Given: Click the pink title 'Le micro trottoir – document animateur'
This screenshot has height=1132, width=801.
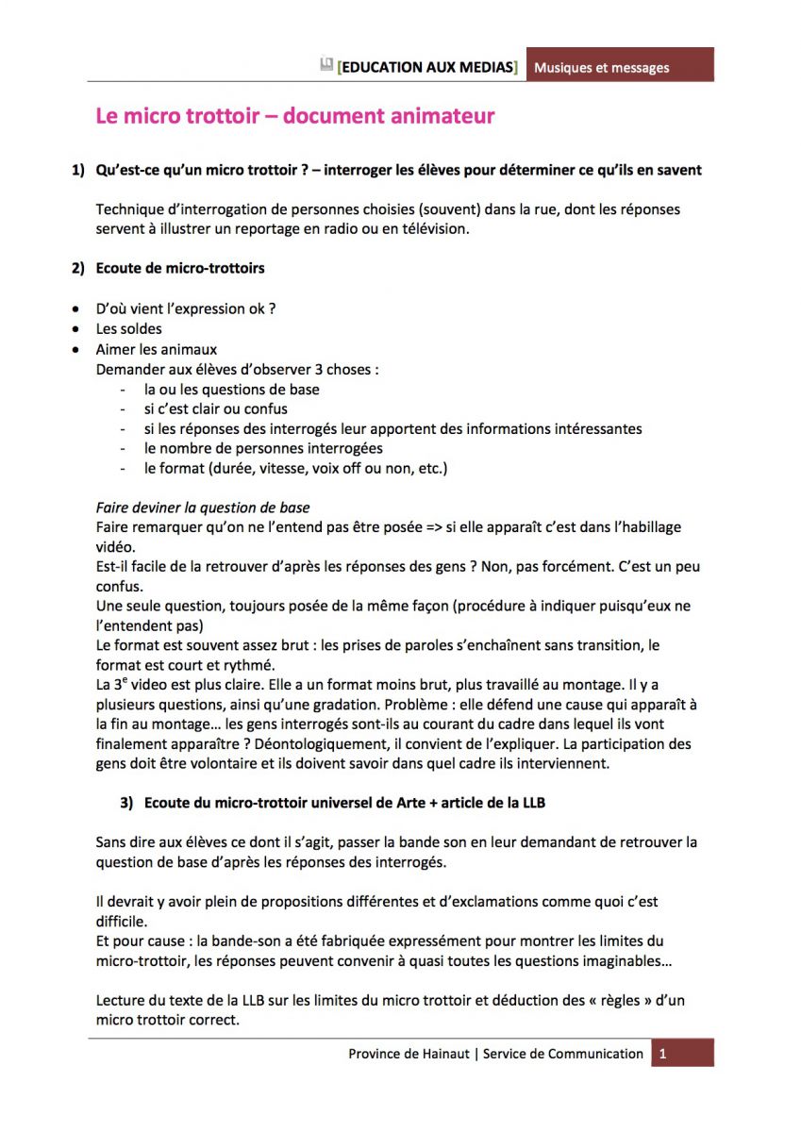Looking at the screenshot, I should point(294,117).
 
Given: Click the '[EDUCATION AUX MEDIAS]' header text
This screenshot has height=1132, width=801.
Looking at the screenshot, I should point(426,68).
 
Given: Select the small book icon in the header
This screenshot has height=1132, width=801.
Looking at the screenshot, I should point(326,65).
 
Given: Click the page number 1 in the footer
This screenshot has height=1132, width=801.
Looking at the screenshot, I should point(663,1054).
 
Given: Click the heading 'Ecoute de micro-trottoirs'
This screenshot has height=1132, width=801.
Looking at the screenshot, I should point(180,268).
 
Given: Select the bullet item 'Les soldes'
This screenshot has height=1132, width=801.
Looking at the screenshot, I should point(129,329).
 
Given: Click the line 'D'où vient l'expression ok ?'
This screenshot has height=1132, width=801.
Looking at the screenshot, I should point(186,308).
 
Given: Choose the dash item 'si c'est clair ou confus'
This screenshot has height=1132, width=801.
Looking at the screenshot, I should point(216,408).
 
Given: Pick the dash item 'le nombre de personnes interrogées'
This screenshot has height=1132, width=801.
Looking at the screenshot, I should point(263,448).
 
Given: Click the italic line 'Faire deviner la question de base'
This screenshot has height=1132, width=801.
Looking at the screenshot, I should point(204,508).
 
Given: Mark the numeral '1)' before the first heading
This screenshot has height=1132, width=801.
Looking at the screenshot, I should point(78,171).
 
